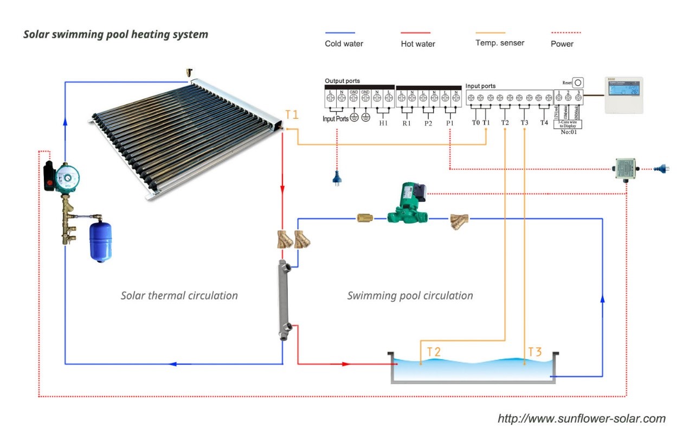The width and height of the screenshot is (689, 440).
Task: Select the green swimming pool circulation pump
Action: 408,205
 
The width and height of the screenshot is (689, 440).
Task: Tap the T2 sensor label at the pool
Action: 434,352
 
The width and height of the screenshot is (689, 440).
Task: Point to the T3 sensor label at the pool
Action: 535,352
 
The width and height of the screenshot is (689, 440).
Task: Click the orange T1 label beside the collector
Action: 292,114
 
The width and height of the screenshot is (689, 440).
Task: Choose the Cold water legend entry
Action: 344,43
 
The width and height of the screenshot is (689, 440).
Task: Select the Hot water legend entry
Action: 417,43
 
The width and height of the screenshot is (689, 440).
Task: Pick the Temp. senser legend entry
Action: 499,43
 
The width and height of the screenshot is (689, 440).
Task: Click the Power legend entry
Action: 562,43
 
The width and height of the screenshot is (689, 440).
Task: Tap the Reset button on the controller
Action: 578,83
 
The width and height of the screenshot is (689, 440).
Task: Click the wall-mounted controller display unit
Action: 623,95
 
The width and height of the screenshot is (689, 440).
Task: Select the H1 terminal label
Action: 383,123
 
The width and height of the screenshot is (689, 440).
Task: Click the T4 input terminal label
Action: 544,123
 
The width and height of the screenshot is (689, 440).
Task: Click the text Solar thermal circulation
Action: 179,296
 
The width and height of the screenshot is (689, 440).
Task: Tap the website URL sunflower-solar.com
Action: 581,418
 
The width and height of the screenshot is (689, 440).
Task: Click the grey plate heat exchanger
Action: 284,299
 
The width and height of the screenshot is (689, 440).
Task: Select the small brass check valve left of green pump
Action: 364,219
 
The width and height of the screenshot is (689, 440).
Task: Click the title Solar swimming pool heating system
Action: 115,34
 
